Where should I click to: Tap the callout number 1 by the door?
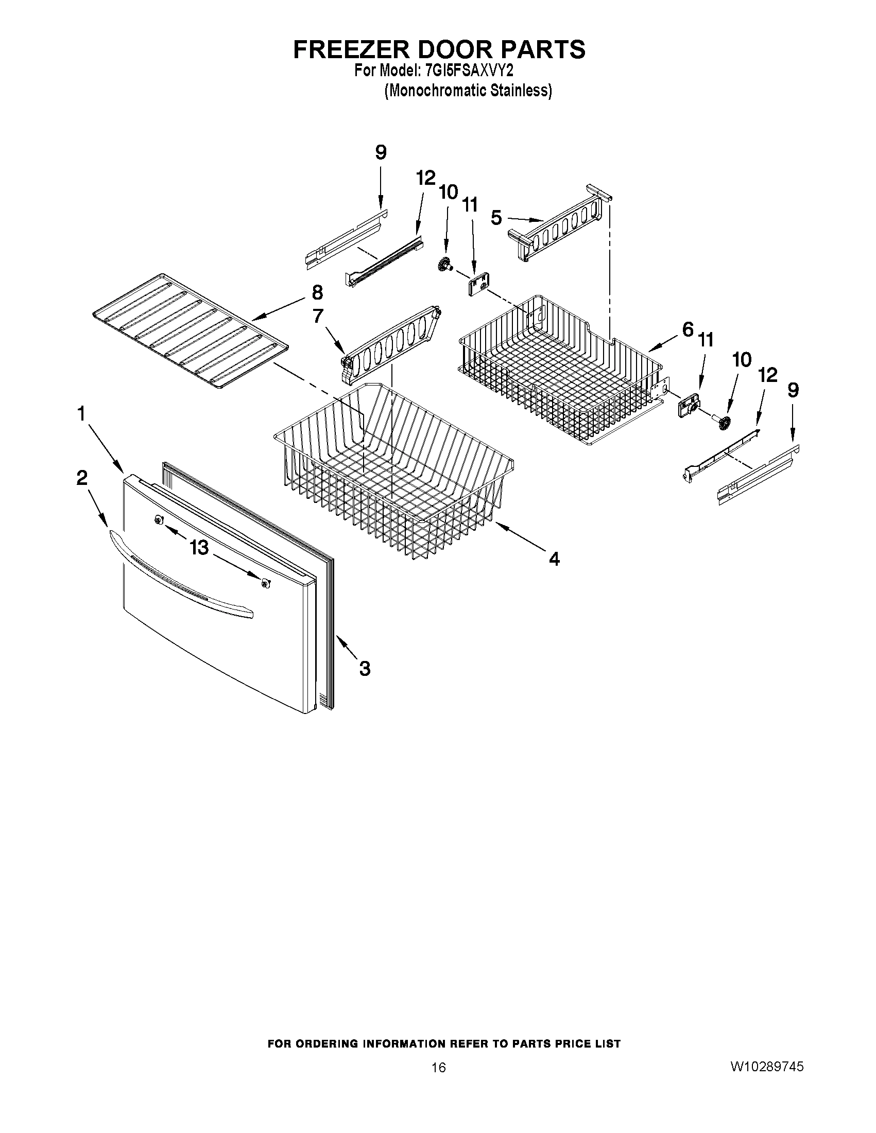81,414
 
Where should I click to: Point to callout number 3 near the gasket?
365,669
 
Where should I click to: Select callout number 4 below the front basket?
554,559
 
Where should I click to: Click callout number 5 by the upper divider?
496,218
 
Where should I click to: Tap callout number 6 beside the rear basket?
688,329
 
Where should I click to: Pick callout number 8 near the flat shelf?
317,292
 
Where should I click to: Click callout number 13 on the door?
199,547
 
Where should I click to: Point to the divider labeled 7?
392,344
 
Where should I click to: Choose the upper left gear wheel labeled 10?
444,265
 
